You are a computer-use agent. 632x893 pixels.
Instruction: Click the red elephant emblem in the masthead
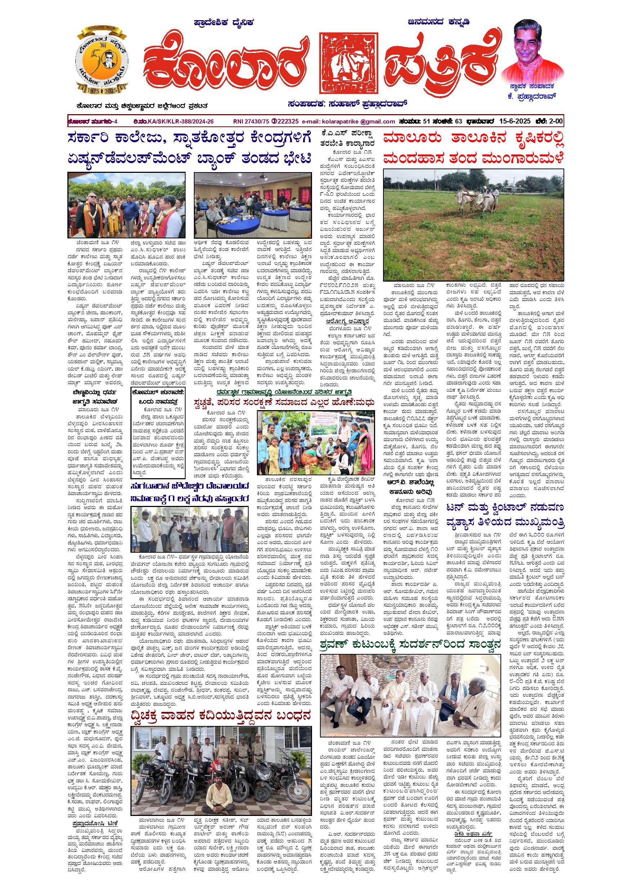(x=348, y=63)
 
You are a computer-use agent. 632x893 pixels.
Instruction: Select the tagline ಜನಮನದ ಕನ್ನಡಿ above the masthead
(x=439, y=22)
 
